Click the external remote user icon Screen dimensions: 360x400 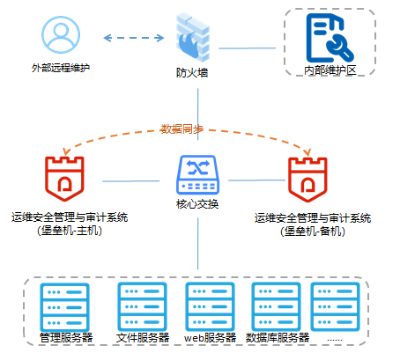pos(61,37)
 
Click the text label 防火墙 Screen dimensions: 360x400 pos(192,74)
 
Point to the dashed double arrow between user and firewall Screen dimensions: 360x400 pos(135,38)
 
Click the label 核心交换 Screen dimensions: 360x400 pos(197,205)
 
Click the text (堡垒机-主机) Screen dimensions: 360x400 pos(69,231)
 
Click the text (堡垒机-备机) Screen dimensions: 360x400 pos(312,231)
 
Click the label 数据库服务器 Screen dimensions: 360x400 pos(277,337)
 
